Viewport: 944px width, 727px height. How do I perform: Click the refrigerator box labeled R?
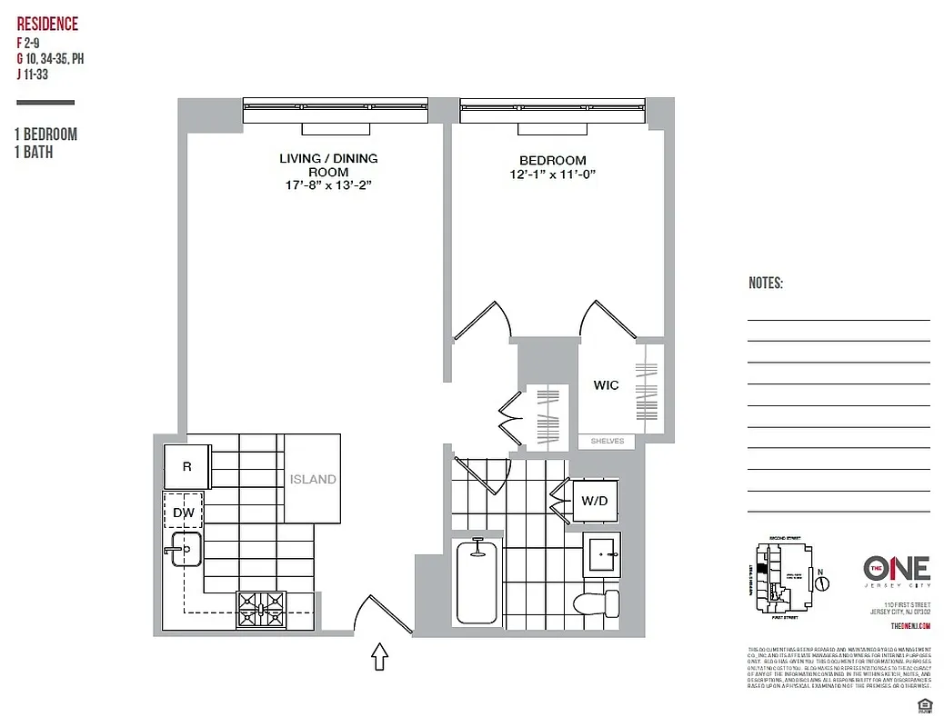click(187, 467)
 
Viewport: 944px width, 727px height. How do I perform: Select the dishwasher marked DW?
click(183, 513)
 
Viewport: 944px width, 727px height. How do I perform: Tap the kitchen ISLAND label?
click(313, 479)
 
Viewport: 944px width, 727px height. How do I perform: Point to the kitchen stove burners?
click(261, 603)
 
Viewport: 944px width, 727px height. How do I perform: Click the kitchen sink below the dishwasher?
click(185, 549)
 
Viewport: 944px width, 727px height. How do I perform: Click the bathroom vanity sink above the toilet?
click(602, 551)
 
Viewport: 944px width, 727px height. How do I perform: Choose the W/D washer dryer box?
click(595, 499)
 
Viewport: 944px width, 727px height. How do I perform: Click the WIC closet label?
click(607, 385)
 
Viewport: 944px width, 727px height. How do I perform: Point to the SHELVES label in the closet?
click(608, 441)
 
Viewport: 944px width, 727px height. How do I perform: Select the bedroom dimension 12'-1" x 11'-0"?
click(552, 174)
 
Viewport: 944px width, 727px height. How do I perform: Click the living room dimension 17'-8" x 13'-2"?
click(328, 185)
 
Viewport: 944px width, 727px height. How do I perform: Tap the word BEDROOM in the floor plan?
click(552, 160)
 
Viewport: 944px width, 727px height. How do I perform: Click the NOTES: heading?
click(766, 284)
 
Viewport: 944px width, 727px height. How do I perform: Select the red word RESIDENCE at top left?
click(47, 25)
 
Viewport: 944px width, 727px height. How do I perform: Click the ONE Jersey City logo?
click(896, 571)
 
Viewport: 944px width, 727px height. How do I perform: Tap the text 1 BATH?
click(35, 153)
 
